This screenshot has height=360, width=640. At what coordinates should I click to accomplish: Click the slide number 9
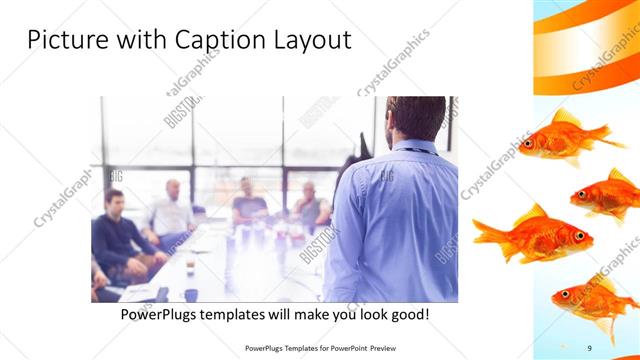click(x=590, y=347)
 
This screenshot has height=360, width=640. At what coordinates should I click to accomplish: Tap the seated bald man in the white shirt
click(x=172, y=215)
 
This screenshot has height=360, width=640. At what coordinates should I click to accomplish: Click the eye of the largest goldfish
click(x=578, y=235)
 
